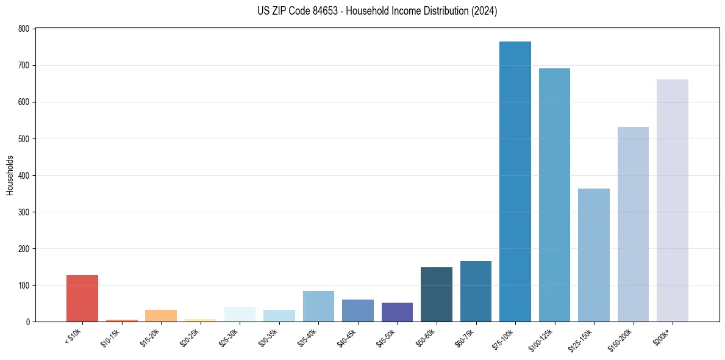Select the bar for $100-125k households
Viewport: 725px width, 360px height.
pyautogui.click(x=554, y=195)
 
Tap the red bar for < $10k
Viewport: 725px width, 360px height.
pyautogui.click(x=82, y=298)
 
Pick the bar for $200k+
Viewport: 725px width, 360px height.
pyautogui.click(x=672, y=201)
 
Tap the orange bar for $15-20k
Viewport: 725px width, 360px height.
pyautogui.click(x=161, y=316)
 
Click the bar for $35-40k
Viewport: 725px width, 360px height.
pyautogui.click(x=318, y=306)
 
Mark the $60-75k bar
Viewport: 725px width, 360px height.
pyautogui.click(x=476, y=292)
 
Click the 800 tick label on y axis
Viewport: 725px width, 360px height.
pyautogui.click(x=23, y=29)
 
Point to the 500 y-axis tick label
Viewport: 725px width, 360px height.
pyautogui.click(x=23, y=139)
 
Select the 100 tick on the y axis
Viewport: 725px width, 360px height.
pyautogui.click(x=23, y=286)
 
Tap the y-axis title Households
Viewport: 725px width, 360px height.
pyautogui.click(x=10, y=175)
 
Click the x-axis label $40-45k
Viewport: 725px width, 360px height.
pyautogui.click(x=346, y=337)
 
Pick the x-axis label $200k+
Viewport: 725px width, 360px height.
pyautogui.click(x=661, y=336)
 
